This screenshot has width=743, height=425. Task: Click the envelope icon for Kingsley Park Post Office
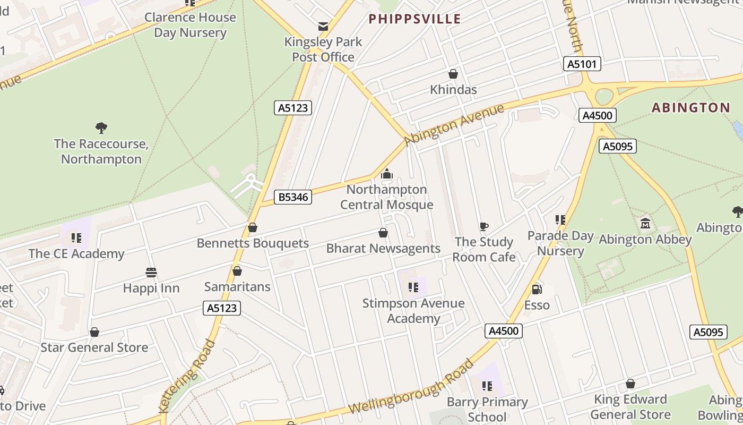coord(323,27)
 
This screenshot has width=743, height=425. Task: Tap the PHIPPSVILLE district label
coord(414,19)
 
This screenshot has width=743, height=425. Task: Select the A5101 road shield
coord(582,64)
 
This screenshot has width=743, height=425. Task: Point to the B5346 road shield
coord(293,197)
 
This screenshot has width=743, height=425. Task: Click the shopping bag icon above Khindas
coord(453,74)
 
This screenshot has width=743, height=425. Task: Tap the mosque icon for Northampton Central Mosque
coord(386,174)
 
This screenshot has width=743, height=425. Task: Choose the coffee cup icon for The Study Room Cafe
coord(483,227)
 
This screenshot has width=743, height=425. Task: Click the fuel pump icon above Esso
coord(537,290)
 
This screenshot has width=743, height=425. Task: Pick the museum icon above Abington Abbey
coord(645,223)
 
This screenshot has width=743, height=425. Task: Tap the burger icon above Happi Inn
coord(151,273)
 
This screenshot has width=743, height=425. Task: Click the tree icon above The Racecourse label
coord(101,127)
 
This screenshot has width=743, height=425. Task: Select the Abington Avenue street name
coord(454,125)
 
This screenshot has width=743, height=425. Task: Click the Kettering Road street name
coord(188,376)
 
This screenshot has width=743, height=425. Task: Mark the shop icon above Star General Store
coord(94,332)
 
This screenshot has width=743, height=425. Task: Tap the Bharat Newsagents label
coord(383,249)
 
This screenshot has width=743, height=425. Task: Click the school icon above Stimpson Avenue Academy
coord(413,288)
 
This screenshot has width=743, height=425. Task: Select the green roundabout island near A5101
coord(604,97)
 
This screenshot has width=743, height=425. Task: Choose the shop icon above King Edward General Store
coord(630,384)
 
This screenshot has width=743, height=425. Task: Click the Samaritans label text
coord(237,287)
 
